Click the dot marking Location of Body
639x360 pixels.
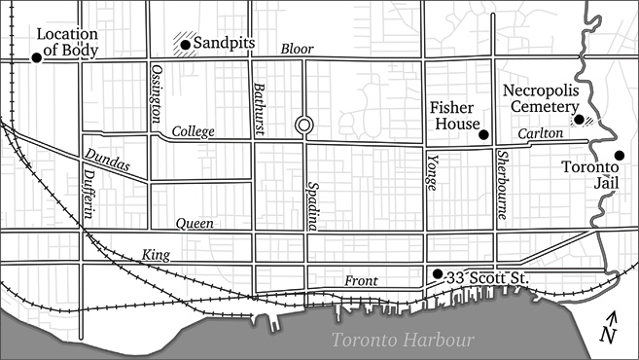pos(36,57)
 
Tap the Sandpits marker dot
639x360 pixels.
pos(185,44)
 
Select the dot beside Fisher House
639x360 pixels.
pos(484,134)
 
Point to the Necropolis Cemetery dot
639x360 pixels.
pos(579,120)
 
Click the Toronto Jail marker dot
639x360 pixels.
pos(619,156)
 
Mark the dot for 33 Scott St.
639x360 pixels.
pos(438,273)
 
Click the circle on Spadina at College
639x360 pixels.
pos(304,125)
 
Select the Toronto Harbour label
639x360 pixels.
pos(402,341)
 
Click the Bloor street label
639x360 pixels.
pos(298,49)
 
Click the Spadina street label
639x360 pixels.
pos(313,205)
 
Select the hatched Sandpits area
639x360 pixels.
pos(181,43)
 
